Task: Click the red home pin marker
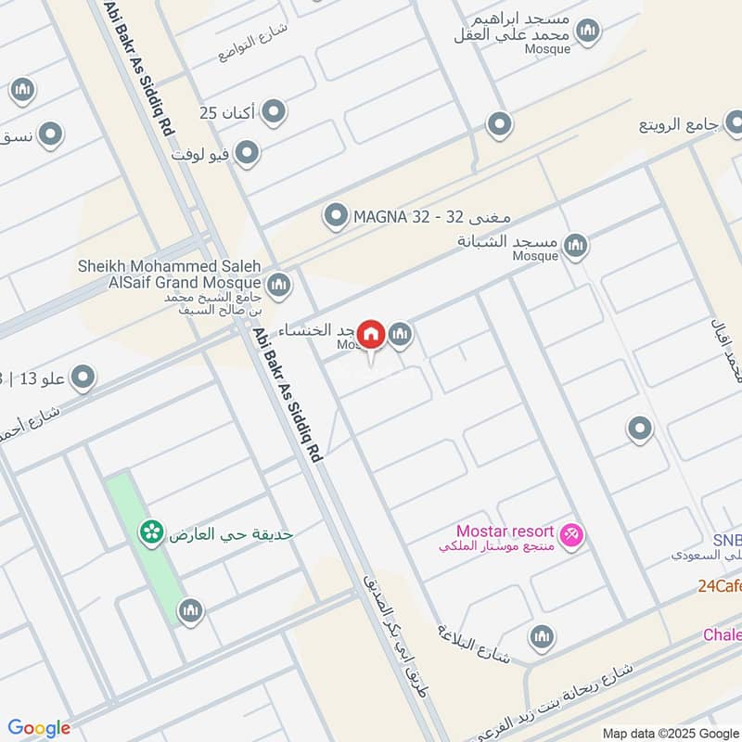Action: tap(372, 335)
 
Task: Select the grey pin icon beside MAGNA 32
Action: tap(335, 216)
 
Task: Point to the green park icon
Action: tap(150, 532)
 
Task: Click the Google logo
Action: tap(39, 728)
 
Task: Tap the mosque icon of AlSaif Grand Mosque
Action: tap(278, 285)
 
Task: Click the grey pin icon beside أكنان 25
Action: tap(273, 113)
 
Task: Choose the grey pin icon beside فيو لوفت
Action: tap(247, 153)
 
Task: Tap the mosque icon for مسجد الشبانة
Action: tap(576, 245)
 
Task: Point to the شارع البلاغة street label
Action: tap(474, 642)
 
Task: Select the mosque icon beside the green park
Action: tap(191, 609)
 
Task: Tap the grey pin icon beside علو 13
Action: tap(83, 377)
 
